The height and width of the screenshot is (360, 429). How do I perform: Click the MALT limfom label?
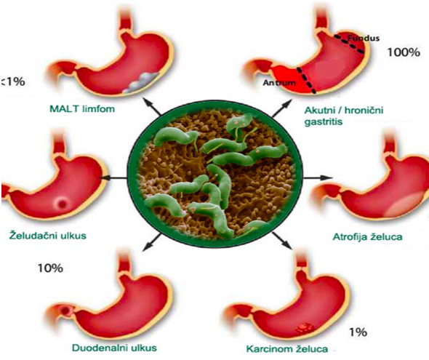82,109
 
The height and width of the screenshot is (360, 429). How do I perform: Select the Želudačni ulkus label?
48,235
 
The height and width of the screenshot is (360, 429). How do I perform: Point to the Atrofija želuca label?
367,236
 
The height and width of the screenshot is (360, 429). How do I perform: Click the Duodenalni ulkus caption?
114,348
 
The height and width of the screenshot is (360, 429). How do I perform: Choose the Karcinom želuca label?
287,349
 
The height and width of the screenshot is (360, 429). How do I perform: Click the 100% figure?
404,52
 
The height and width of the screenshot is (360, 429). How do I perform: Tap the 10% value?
50,268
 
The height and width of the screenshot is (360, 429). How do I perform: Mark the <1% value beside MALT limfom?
13,81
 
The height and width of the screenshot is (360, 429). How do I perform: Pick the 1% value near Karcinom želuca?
358,332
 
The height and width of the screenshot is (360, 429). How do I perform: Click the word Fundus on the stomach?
364,38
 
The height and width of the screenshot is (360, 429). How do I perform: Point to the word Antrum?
279,82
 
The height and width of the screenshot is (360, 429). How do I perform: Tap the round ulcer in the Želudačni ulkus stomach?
63,204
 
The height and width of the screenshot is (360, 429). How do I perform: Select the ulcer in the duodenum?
65,311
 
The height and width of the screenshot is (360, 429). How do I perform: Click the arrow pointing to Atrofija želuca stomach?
318,177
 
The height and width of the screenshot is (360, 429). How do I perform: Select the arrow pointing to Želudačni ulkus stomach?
115,177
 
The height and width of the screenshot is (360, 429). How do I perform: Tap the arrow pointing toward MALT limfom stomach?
153,107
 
